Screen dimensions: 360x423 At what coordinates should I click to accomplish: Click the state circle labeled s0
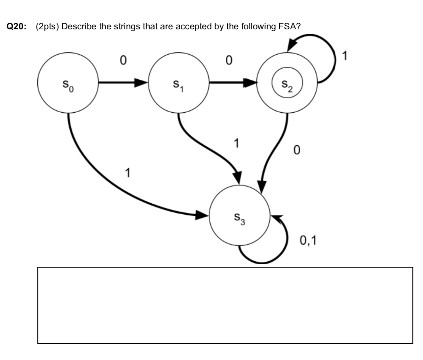68,83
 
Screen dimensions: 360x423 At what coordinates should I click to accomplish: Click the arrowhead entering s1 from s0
141,83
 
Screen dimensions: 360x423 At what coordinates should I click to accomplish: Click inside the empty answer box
225,305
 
